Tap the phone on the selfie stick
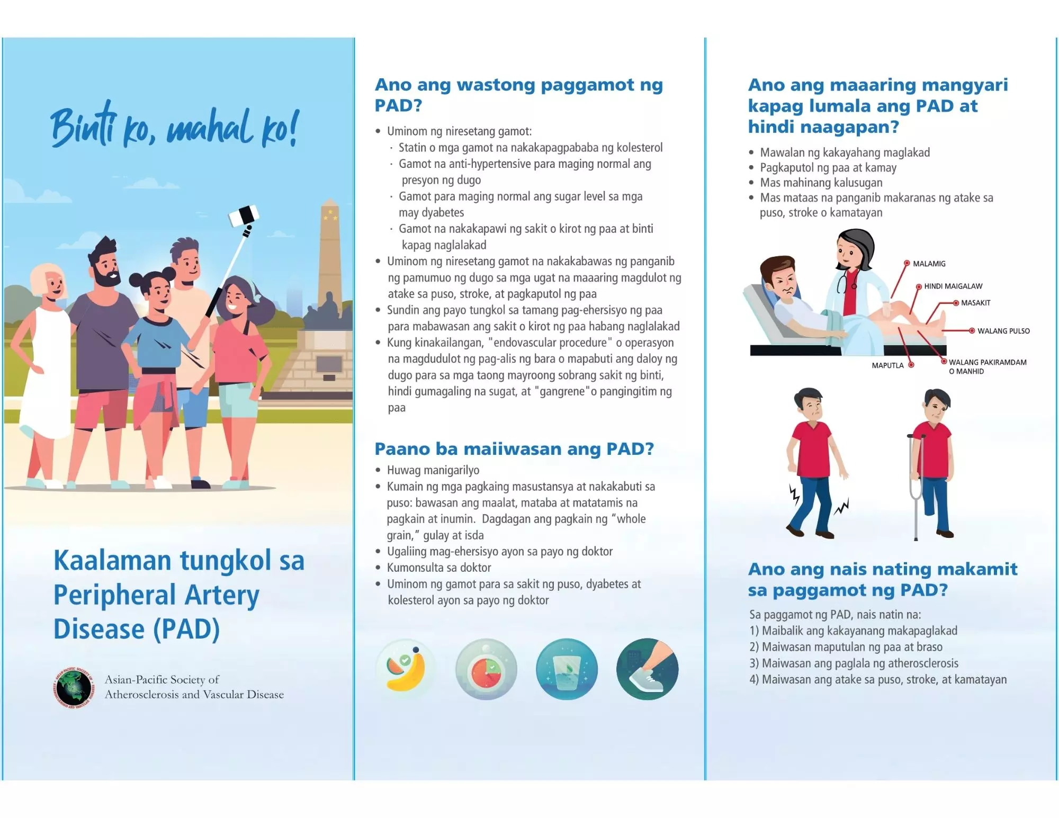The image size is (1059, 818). tap(244, 215)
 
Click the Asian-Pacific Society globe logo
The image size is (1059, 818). tap(74, 687)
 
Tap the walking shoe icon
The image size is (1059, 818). tap(647, 669)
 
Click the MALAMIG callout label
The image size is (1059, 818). tap(929, 264)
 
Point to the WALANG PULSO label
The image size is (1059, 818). tap(1003, 331)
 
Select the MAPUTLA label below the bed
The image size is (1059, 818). tap(887, 365)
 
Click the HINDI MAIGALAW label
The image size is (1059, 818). tap(953, 286)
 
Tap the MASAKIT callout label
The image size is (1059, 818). tap(975, 303)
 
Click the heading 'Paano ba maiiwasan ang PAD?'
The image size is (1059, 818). tap(514, 449)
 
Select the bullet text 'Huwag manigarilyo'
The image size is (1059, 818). tap(433, 470)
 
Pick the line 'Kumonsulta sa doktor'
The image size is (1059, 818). tap(439, 568)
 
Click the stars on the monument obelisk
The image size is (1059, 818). tap(330, 214)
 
